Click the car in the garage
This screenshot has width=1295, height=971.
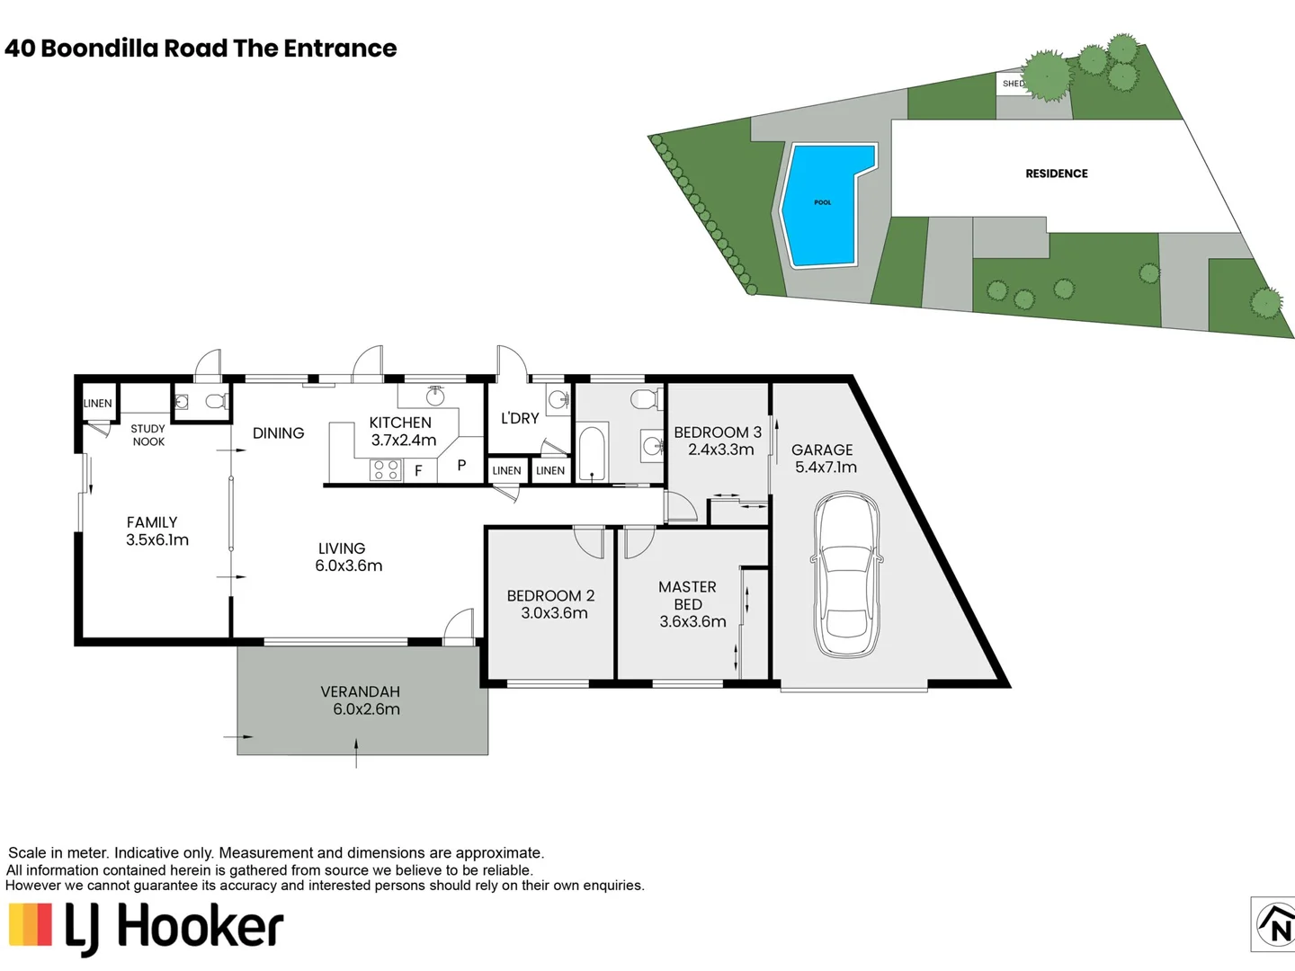[846, 575]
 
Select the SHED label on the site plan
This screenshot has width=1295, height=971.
[1013, 84]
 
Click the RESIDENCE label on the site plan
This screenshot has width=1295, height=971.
[1056, 174]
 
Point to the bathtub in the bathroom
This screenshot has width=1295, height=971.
[592, 453]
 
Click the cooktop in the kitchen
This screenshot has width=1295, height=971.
[386, 470]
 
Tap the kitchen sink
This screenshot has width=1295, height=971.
[435, 396]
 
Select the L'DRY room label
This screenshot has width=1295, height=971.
[520, 418]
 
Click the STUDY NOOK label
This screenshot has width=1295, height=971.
[148, 435]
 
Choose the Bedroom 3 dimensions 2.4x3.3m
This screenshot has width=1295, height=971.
[721, 450]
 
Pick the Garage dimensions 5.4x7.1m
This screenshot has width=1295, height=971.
[826, 467]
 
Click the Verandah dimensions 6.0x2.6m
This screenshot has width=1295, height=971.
[366, 709]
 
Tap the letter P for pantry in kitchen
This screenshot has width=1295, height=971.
[461, 465]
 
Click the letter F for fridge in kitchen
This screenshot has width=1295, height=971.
[418, 470]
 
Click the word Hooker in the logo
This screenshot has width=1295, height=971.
[201, 927]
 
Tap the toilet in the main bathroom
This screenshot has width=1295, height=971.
[647, 399]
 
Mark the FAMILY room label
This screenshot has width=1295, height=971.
[152, 522]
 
